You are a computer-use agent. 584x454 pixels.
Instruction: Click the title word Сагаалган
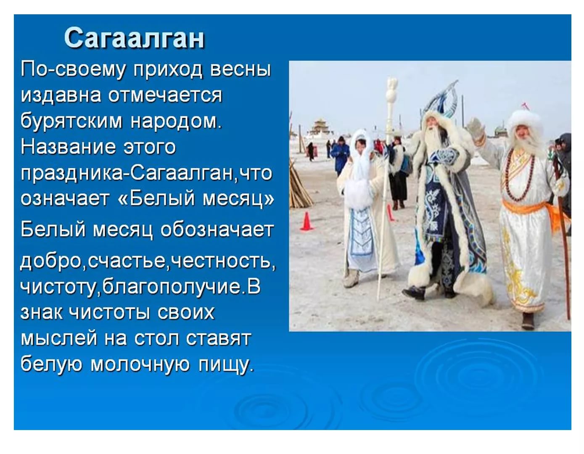(134, 38)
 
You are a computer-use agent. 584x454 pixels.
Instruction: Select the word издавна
(61, 95)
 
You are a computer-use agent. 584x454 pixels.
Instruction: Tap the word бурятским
(71, 121)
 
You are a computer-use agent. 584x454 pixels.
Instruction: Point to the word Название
(68, 147)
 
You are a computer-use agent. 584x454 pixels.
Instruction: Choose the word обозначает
(217, 230)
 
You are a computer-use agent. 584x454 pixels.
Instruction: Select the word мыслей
(59, 338)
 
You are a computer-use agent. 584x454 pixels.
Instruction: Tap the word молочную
(140, 364)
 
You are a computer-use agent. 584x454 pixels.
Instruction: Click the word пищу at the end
(225, 365)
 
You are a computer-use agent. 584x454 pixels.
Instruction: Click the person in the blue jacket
(340, 156)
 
